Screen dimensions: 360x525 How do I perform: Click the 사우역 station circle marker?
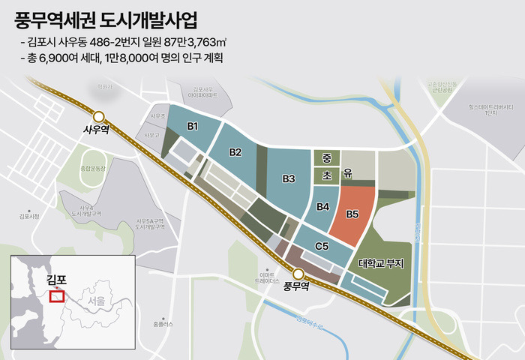tap(98, 115)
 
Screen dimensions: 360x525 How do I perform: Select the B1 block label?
tap(193, 125)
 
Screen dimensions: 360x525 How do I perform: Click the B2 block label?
tap(235, 152)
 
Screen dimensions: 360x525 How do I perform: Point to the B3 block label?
tap(289, 178)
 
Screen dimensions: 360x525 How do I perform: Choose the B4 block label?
tap(323, 206)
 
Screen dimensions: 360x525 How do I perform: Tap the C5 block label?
tap(322, 246)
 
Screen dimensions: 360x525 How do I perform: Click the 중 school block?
tap(326, 157)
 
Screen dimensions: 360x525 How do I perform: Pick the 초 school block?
tap(326, 175)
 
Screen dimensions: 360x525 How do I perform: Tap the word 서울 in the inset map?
tap(95, 301)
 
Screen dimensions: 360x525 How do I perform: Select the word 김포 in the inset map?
tap(56, 280)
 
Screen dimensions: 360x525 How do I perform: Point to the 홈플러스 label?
tap(162, 324)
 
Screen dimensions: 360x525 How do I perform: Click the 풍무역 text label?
tap(297, 286)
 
